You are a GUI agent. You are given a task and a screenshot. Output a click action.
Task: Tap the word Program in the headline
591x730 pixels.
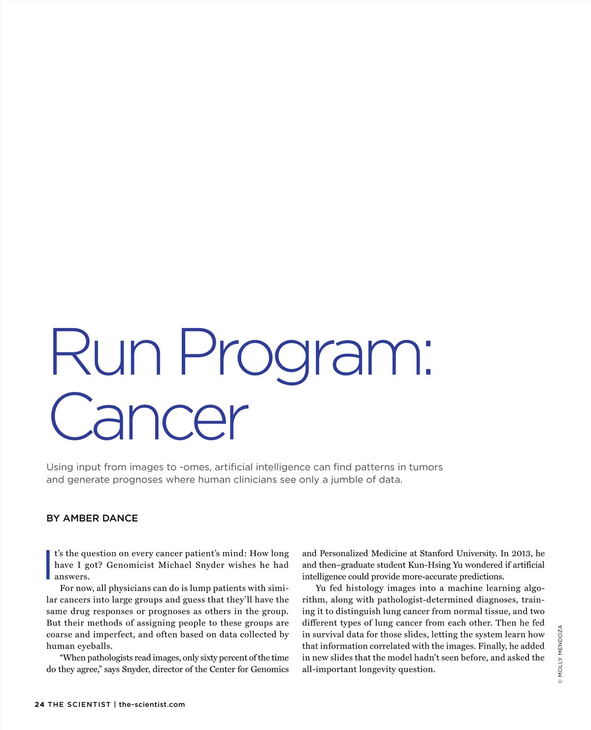tap(299, 354)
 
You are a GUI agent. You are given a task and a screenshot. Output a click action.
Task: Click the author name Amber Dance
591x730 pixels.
tap(100, 518)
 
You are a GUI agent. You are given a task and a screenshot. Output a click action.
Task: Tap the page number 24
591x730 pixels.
tap(39, 704)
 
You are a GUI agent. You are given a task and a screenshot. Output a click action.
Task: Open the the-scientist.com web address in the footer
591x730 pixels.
tap(152, 704)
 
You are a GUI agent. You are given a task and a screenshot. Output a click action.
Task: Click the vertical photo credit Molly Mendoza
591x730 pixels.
tap(559, 654)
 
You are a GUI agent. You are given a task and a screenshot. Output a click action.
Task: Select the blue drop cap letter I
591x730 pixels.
tap(48, 564)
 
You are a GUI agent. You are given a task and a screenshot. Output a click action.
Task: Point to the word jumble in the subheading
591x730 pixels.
tap(348, 480)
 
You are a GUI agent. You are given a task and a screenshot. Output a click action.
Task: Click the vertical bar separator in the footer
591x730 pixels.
tap(115, 704)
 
